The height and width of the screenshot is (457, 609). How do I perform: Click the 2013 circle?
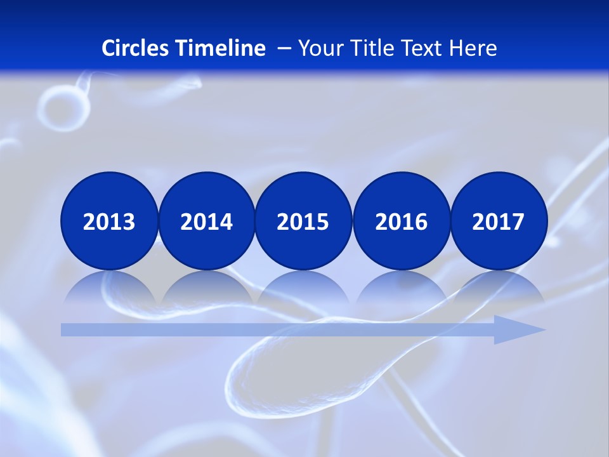[109, 221]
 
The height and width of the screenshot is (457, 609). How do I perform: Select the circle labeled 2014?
[206, 221]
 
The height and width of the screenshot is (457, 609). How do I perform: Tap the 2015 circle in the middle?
[303, 221]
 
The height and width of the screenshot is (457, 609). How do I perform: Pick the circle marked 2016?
[401, 221]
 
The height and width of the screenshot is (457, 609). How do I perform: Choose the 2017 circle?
[498, 221]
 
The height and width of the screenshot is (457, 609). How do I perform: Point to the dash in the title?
[284, 48]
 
